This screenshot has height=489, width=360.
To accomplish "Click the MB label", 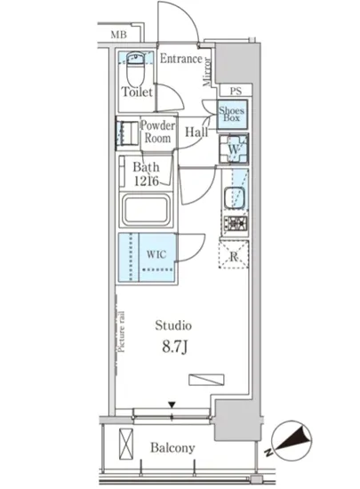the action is point(119,35).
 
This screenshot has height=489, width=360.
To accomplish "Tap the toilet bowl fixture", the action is point(136,68).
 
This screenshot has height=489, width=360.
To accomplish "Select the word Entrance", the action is point(181,59).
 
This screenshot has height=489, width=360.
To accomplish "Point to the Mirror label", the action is point(206,72).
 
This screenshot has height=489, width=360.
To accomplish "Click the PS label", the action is point(236,91).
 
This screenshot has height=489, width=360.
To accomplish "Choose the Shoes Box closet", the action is point(233,115).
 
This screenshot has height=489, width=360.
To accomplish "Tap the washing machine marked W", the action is point(234,148).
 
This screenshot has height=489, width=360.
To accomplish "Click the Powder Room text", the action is point(157,132).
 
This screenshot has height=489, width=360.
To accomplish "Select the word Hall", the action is point(196,132).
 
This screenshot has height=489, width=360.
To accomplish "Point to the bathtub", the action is point(146,210).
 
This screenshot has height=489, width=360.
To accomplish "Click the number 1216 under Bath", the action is point(147,180).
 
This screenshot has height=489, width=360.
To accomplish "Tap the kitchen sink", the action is point(234,198).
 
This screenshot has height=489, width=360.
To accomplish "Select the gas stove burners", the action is point(236,222).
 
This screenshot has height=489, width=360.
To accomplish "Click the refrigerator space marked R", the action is point(234,254).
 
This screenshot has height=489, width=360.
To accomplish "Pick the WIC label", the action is point(156,254).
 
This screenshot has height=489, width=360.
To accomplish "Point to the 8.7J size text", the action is point(174,347).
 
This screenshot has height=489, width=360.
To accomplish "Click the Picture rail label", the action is point(122,332).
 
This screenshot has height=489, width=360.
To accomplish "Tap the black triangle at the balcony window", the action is point(172,405).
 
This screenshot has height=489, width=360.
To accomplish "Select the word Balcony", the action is point(172,448).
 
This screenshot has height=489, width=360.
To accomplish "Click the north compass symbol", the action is point(292,440).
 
